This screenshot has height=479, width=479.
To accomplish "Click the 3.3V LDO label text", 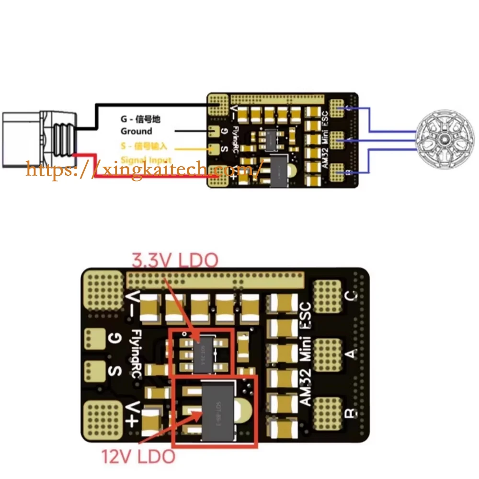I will (x=175, y=261).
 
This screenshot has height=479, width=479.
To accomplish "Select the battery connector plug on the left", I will (x=38, y=139).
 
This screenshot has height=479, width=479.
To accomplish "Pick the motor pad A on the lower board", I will (x=327, y=354).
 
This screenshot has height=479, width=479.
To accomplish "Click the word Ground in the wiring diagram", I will (x=136, y=131).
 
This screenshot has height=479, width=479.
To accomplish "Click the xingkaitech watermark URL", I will (x=144, y=169).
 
